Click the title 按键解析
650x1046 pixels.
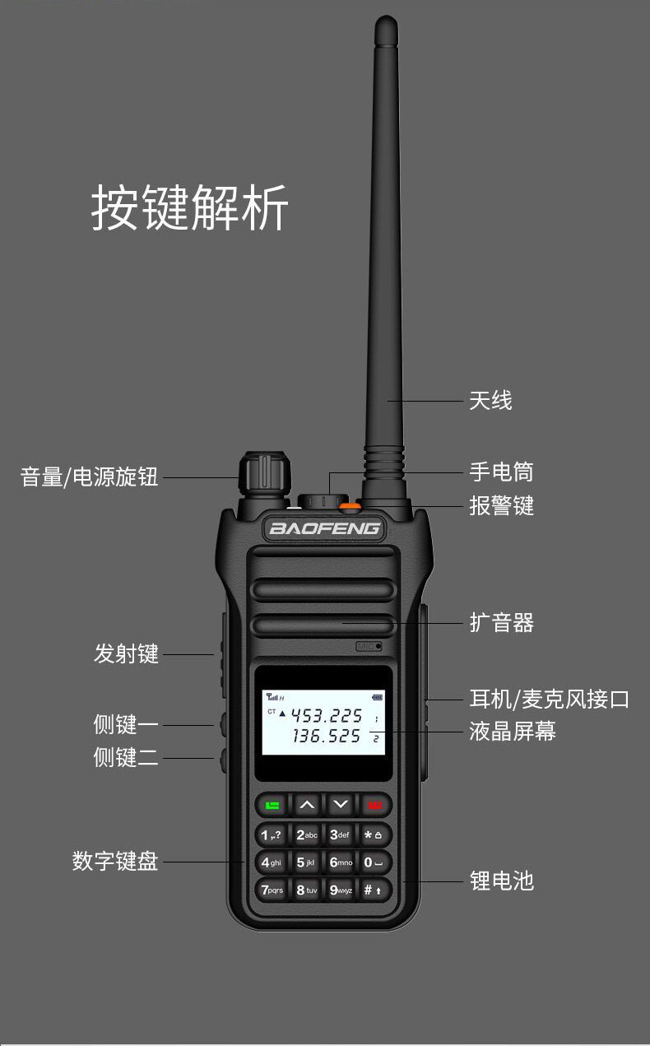(189, 207)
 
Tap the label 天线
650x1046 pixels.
(490, 401)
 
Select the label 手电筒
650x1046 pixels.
(501, 472)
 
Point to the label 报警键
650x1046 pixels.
(501, 505)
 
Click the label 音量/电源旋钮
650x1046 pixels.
(89, 477)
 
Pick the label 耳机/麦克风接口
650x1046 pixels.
(549, 700)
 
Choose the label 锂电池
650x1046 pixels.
(501, 881)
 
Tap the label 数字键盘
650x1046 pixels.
(114, 862)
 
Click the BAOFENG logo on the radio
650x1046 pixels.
(325, 528)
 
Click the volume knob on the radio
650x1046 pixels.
(265, 473)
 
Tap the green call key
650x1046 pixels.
(272, 804)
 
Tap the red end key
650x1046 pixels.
(375, 804)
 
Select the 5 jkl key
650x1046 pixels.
(306, 862)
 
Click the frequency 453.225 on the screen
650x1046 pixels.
(327, 715)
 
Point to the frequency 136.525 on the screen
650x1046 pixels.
(327, 737)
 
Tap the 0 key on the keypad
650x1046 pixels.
(374, 862)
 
